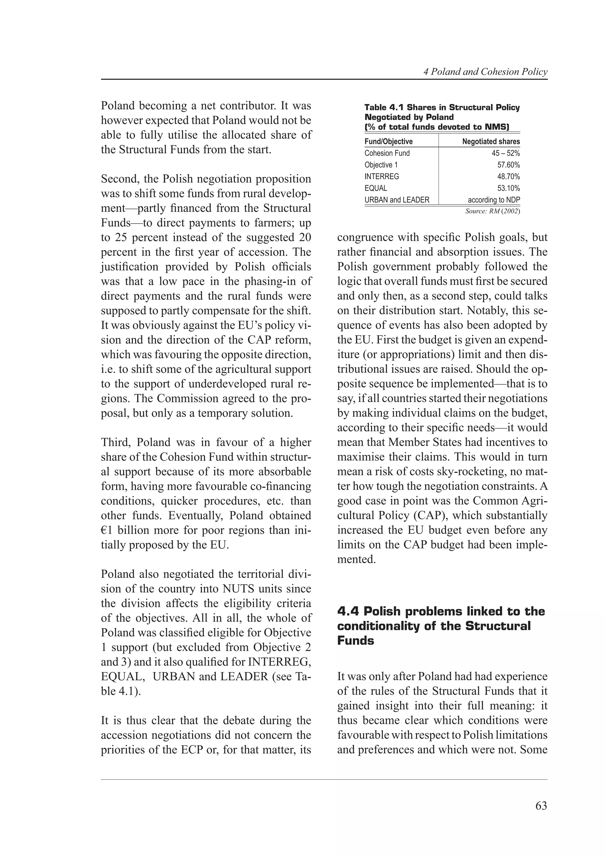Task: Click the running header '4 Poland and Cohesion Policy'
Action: coord(485,72)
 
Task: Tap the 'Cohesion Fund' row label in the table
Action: coord(387,153)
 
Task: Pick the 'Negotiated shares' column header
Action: coord(491,142)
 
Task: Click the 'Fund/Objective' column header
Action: coord(388,142)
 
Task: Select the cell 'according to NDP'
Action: coord(494,200)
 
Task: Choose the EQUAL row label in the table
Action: coord(375,188)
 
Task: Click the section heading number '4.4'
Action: coord(347,611)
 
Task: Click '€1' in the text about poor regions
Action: coord(107,530)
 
